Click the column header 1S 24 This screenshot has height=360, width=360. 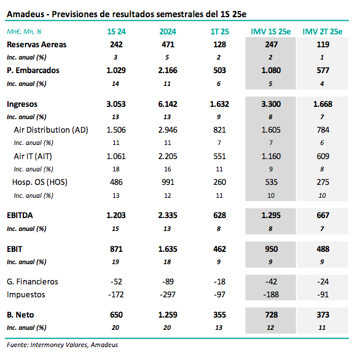116,31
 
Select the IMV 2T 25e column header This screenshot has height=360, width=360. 323,31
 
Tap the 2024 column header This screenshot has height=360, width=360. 168,31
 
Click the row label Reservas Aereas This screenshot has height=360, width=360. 36,45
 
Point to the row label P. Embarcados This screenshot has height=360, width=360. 33,70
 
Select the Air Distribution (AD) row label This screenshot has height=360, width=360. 51,130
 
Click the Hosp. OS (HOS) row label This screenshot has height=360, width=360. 40,182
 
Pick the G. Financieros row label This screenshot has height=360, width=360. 33,281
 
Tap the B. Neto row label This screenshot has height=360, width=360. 20,315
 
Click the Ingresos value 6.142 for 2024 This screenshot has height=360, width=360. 168,104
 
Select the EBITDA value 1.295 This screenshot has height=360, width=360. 271,216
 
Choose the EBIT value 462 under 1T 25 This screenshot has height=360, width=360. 219,249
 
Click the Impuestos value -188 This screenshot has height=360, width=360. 271,294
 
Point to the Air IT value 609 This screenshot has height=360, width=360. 323,157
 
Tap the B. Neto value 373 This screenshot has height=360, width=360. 323,315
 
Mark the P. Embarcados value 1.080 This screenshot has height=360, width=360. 271,70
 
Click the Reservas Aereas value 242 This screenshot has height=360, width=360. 116,45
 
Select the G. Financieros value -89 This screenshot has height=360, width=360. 168,281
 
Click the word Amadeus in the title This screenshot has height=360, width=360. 25,14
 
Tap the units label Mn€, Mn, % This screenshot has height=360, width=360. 24,31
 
